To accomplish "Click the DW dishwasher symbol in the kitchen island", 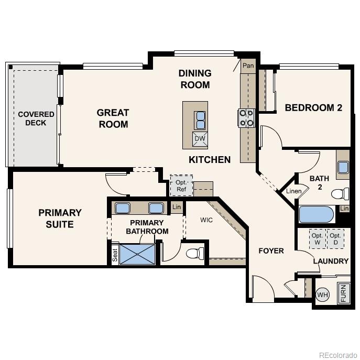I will click(200, 139).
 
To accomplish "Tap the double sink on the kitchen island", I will click(200, 120).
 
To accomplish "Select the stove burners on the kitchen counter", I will click(247, 118).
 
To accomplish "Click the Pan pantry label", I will click(247, 66).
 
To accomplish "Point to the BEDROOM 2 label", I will click(313, 108).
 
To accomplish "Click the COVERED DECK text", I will click(36, 118).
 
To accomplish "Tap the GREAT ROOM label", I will click(113, 118).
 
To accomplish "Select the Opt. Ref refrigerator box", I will click(181, 186).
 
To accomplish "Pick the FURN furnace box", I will click(343, 293).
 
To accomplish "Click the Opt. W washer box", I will click(317, 239).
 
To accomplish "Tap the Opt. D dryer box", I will click(335, 239).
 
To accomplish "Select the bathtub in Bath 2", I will click(316, 215).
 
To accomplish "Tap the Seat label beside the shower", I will click(115, 255).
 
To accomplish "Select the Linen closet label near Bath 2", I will click(293, 191).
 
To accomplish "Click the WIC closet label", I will click(206, 220).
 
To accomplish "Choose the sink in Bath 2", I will click(343, 167).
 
